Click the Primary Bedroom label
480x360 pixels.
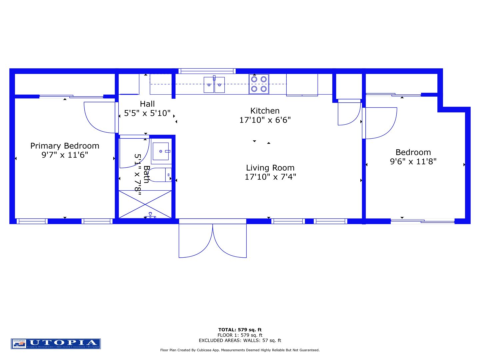point(65,146)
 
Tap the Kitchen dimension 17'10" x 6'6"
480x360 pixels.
point(265,120)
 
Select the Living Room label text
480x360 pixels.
point(270,168)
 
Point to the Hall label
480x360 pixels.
point(147,104)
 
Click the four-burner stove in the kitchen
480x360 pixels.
point(259,84)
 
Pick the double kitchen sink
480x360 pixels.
point(214,85)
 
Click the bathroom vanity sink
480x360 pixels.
point(161,151)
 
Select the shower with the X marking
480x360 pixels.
point(145,204)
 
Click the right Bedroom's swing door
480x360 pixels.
point(380,123)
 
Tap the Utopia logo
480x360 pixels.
point(56,344)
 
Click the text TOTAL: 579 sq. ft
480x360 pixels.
point(240,330)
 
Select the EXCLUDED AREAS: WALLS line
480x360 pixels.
point(240,340)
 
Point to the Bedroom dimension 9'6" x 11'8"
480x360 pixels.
point(413,162)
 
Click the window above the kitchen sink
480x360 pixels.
point(207,71)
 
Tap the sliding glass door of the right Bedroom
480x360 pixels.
point(422,221)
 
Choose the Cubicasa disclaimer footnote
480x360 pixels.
point(240,350)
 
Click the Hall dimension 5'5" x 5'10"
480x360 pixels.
point(147,113)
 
